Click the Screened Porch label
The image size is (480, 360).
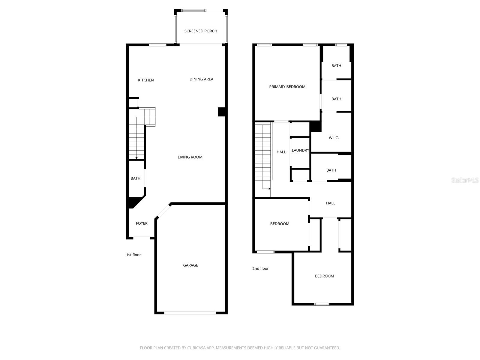click(201, 31)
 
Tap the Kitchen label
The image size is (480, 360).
click(146, 80)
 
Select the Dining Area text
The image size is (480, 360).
click(201, 79)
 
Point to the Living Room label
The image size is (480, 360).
click(190, 157)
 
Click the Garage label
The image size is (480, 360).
click(190, 265)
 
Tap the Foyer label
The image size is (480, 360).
click(142, 223)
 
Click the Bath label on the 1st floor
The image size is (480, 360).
click(135, 178)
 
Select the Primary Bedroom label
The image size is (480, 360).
click(287, 87)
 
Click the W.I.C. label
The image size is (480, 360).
click(334, 138)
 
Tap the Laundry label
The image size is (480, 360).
click(300, 150)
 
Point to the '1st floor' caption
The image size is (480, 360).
click(133, 255)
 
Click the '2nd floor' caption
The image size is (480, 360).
click(260, 268)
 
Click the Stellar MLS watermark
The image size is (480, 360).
click(465, 180)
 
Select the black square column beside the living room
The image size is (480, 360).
click(221, 112)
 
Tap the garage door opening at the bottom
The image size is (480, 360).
click(190, 313)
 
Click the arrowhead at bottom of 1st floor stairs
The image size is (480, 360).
click(136, 158)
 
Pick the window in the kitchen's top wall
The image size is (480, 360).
click(157, 45)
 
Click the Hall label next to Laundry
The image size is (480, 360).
click(281, 152)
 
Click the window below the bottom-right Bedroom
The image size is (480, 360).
click(322, 304)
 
